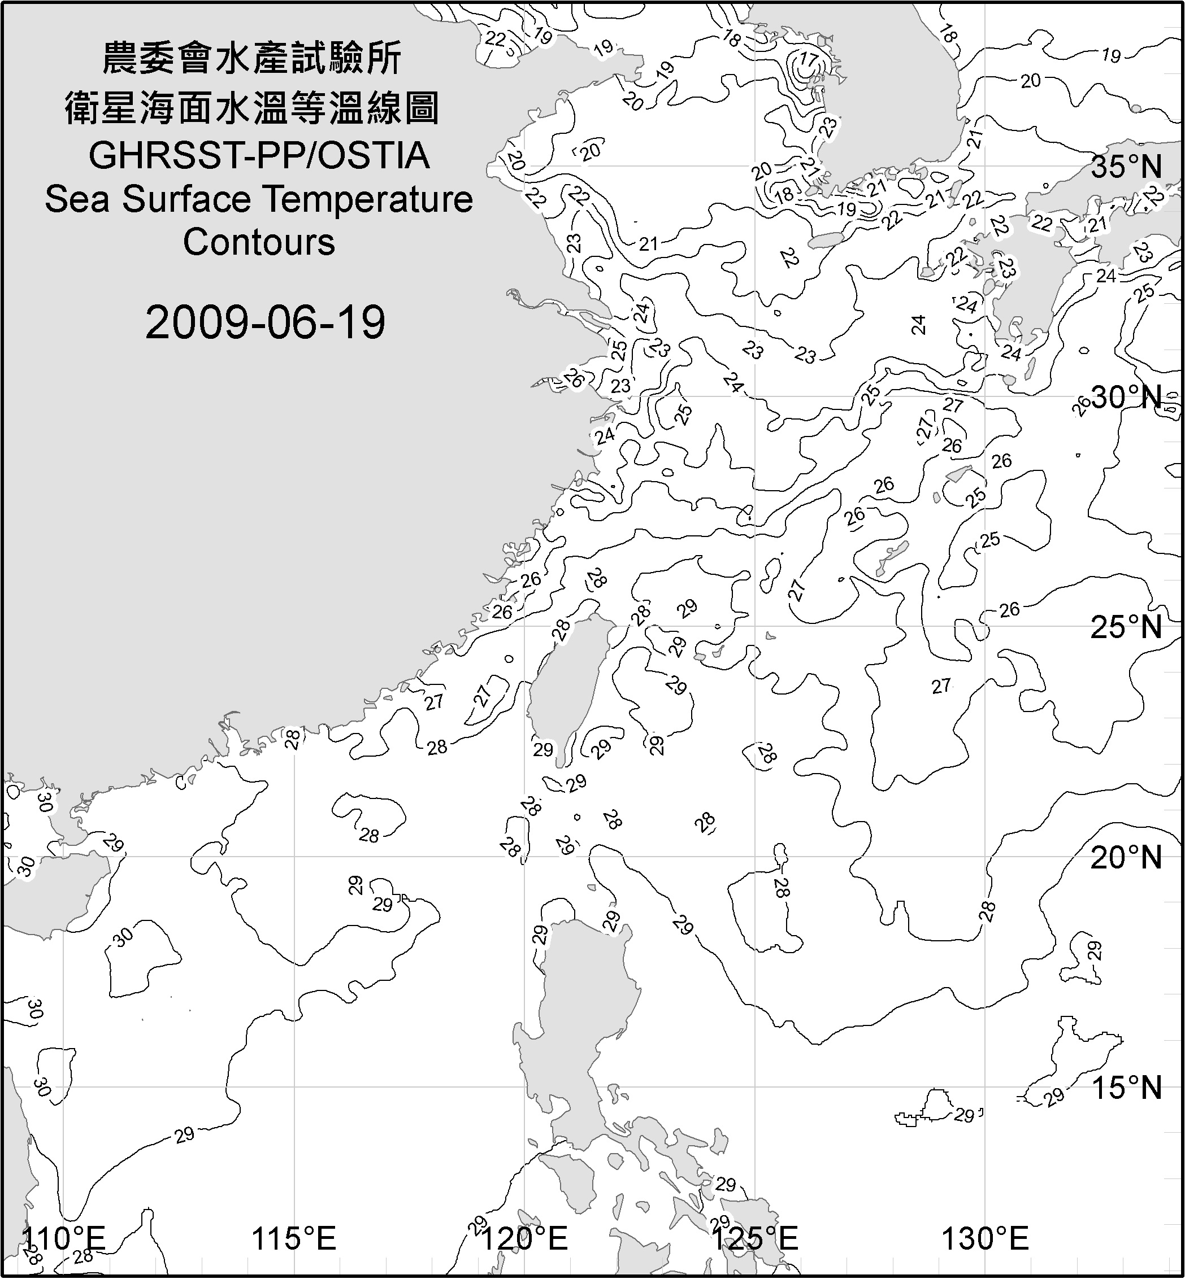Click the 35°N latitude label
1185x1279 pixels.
click(1127, 167)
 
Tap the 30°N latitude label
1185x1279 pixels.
click(1127, 398)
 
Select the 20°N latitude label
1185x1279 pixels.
click(1127, 857)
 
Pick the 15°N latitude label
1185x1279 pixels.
click(1127, 1088)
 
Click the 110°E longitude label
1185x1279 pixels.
click(63, 1239)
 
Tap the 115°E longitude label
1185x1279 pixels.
click(294, 1239)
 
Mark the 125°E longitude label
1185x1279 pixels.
click(756, 1239)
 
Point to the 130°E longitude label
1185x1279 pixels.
click(986, 1239)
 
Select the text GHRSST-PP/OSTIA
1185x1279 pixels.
click(259, 156)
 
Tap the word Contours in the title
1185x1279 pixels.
click(259, 242)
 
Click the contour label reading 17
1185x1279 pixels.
click(809, 61)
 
